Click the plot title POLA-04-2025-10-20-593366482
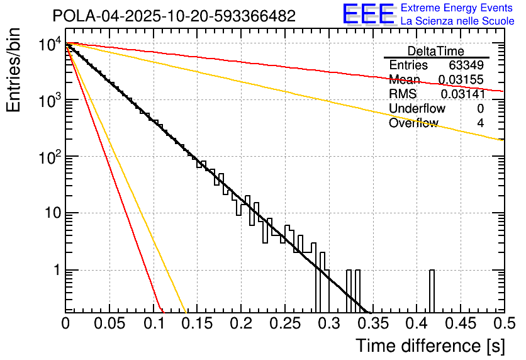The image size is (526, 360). coord(174,16)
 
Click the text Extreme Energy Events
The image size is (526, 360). coord(457,8)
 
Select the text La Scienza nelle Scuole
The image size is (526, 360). coord(457,21)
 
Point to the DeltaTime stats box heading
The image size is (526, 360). coord(435,51)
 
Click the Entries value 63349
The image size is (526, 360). coord(466,65)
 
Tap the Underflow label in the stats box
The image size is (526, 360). coord(417,108)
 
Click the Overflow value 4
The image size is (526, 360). coord(480,123)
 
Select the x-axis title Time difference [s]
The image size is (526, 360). coord(429,346)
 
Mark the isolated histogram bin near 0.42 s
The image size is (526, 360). coord(432,291)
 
